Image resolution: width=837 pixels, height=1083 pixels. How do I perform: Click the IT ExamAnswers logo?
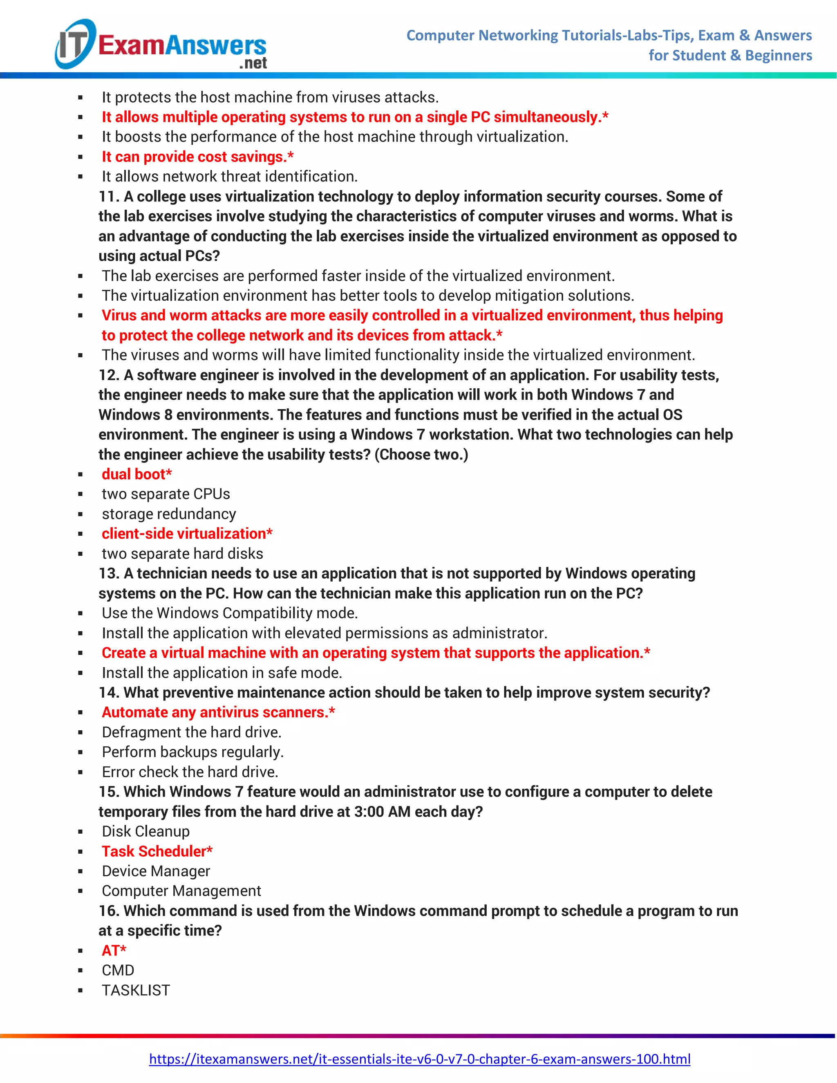pos(161,45)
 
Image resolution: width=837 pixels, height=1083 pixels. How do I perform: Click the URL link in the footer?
pos(419,1059)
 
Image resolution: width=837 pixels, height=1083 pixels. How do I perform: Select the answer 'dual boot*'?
pos(137,474)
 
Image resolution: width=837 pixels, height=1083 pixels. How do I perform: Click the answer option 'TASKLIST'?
pos(136,990)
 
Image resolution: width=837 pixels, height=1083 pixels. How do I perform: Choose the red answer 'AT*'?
pos(114,950)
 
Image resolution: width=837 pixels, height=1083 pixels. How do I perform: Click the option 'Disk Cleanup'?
pos(146,831)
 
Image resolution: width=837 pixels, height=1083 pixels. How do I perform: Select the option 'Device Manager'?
pos(156,871)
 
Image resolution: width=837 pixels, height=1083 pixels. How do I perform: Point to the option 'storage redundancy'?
pos(169,514)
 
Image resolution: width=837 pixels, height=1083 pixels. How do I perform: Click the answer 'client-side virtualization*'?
pos(187,534)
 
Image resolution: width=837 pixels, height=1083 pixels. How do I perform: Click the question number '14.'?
pos(109,692)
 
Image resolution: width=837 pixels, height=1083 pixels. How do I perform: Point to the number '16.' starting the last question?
pos(109,911)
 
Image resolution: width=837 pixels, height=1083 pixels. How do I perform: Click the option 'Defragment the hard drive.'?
pos(191,732)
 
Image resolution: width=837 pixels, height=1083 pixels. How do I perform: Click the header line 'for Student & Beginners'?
pos(730,56)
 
